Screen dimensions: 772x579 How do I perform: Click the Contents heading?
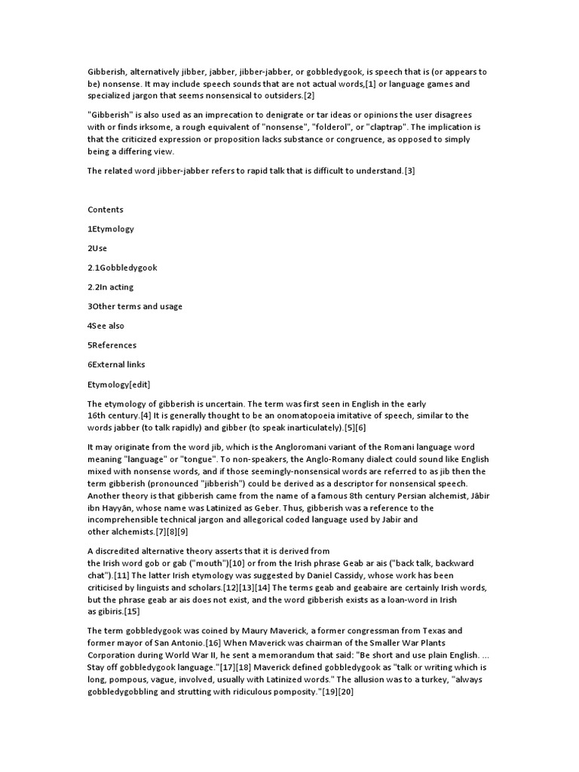pos(106,210)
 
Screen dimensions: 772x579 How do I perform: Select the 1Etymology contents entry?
pos(111,228)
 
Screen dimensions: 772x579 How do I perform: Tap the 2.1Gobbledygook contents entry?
pos(122,268)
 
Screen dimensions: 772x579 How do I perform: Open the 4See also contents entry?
pos(106,326)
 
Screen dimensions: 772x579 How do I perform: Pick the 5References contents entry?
pos(112,345)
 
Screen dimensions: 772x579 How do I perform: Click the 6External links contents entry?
pos(116,365)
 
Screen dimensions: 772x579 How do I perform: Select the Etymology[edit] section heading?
pos(119,384)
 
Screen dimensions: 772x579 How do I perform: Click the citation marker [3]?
pos(409,171)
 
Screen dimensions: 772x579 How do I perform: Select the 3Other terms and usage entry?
pos(135,307)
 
